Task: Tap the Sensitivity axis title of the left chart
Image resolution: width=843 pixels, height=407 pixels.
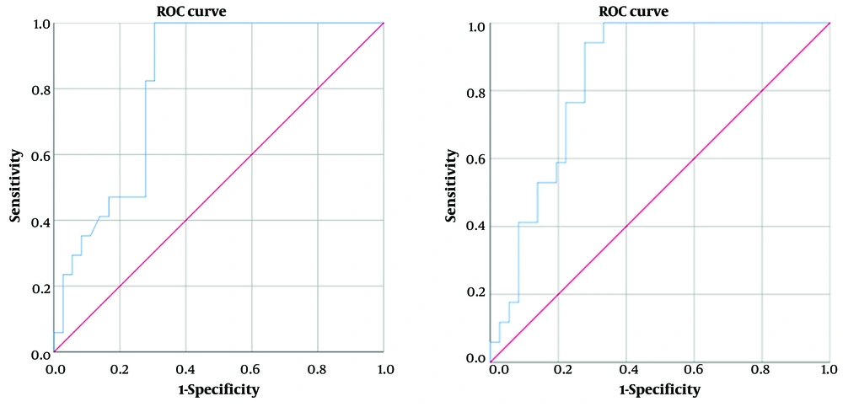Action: (x=15, y=187)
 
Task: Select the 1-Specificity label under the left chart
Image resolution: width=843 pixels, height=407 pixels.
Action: (x=217, y=390)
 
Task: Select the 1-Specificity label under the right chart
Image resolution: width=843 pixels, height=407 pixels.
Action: (x=659, y=390)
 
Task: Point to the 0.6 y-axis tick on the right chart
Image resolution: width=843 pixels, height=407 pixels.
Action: (x=476, y=158)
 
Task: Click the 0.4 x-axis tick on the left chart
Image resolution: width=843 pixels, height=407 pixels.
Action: (x=185, y=368)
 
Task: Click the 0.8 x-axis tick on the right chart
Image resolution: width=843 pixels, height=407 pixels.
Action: (x=761, y=368)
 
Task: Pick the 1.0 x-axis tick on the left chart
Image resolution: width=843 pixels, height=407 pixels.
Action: (x=384, y=368)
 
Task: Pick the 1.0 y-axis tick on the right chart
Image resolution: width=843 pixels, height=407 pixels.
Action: (x=476, y=26)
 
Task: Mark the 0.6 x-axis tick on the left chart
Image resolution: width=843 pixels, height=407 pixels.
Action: (x=251, y=368)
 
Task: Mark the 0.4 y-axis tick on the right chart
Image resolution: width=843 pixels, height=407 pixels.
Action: (x=476, y=226)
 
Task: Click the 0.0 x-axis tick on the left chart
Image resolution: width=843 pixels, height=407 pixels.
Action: (x=54, y=368)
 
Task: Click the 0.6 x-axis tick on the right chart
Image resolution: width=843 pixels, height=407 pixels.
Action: (x=694, y=368)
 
